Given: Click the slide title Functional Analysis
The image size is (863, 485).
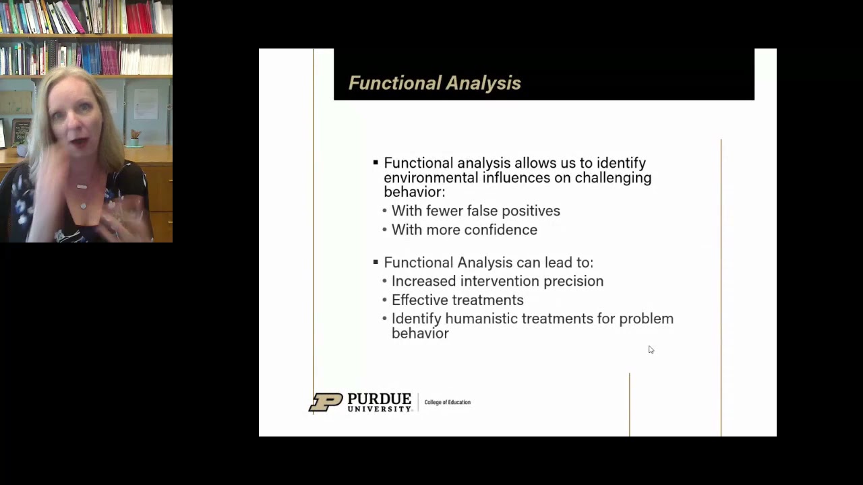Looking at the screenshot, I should [x=434, y=83].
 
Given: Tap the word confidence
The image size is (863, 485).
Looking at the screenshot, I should [x=500, y=230].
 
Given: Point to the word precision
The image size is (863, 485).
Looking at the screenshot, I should [x=572, y=281].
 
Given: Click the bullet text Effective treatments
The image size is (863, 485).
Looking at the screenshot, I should [x=457, y=300].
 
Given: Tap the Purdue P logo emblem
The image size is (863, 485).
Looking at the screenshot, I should [x=326, y=402].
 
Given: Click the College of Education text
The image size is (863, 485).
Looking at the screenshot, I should [x=447, y=402].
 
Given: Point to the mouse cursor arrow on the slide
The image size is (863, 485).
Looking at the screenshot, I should [x=651, y=350].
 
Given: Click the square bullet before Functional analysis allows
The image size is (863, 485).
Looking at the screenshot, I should [x=376, y=163].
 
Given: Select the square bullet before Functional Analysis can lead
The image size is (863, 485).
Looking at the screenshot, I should [x=376, y=262].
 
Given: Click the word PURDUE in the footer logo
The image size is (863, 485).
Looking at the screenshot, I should [x=379, y=399].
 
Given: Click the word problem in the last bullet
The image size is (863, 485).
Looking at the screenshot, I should [x=646, y=319].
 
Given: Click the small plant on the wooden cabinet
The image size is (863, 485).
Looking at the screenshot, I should [x=136, y=137].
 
